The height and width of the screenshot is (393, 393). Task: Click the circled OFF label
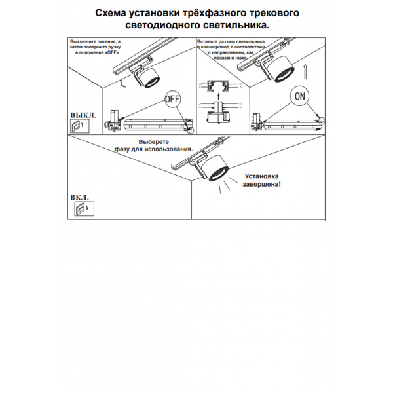point(172,100)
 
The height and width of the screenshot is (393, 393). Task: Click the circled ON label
point(299,96)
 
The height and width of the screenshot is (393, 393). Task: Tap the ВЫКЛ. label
point(83,115)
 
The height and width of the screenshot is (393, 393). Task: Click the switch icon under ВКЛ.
point(80,209)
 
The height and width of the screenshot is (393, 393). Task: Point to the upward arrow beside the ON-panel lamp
point(305,69)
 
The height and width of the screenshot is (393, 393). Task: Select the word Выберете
point(154,142)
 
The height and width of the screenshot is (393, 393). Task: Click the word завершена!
point(262,185)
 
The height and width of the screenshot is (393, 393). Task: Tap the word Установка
point(262,176)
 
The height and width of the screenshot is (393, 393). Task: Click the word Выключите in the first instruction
point(84,41)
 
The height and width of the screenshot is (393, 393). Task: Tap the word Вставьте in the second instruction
point(208,41)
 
